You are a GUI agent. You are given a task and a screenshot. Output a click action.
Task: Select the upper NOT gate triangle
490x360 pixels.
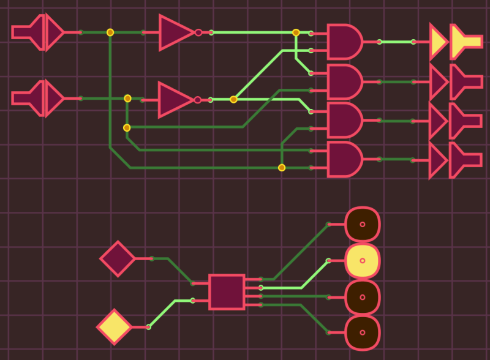pos(176,32)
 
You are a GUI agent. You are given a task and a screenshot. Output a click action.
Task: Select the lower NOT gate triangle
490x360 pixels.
pos(175,99)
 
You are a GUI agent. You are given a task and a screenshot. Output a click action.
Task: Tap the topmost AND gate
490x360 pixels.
pos(344,42)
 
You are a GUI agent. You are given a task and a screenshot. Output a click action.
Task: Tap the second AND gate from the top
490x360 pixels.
pos(344,81)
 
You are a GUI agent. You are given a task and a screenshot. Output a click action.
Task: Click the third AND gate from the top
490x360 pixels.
pos(344,120)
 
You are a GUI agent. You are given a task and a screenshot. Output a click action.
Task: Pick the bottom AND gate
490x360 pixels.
pos(344,159)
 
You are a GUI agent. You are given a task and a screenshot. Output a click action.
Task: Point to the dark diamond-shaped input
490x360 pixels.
pos(118,258)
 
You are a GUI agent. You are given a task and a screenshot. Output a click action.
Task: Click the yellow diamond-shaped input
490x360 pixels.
pos(115,327)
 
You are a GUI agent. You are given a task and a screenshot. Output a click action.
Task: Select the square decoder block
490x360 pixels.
pos(227,292)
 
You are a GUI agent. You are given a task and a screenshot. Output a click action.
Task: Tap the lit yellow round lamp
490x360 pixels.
pos(362,260)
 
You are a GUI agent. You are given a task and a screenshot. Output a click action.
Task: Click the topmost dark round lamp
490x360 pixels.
pos(362,224)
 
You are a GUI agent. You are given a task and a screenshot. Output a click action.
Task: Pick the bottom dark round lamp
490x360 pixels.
pos(362,333)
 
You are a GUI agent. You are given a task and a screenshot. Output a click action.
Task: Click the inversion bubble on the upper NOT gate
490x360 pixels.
pos(198,32)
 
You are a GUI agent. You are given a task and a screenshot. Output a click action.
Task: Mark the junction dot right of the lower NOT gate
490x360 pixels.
pos(233,99)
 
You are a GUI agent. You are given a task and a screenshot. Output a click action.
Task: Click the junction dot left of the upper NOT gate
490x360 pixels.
pos(110,32)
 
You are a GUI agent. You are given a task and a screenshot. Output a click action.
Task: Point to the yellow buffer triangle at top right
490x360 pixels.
pos(438,42)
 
